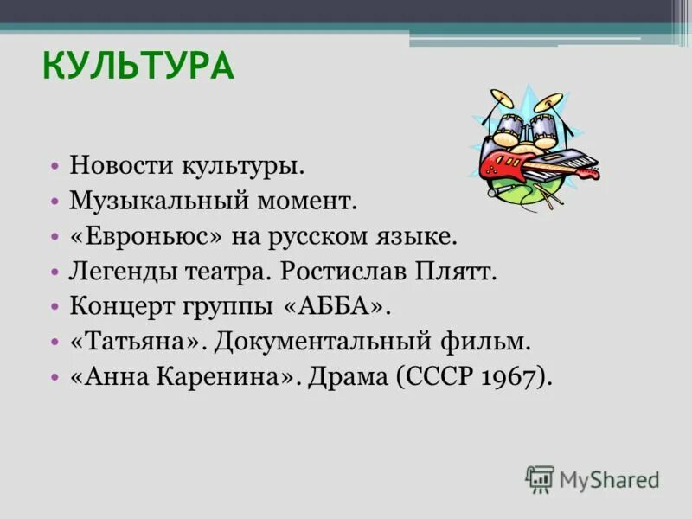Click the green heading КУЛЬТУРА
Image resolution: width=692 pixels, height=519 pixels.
138,66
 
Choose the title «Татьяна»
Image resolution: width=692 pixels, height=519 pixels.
136,342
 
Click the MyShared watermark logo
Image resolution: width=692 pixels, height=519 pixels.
593,478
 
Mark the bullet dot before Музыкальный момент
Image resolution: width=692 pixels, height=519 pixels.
54,201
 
